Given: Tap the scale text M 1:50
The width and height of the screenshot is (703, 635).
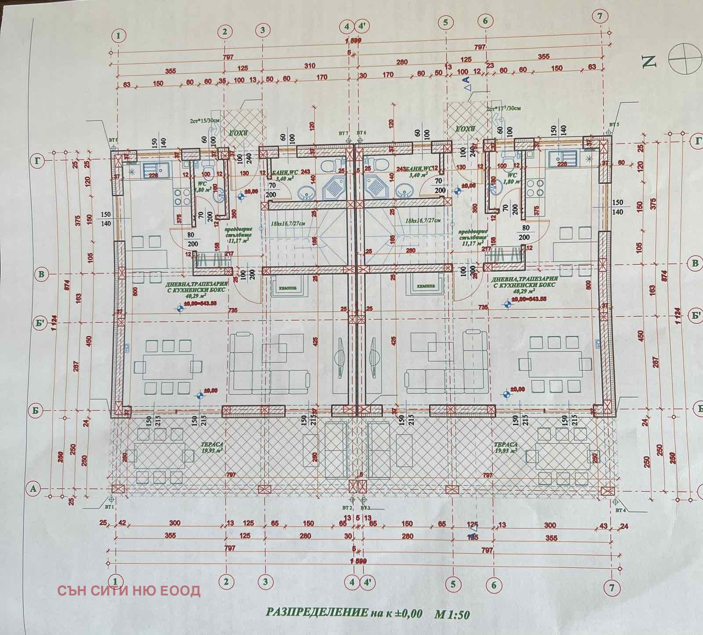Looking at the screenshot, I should (451, 614).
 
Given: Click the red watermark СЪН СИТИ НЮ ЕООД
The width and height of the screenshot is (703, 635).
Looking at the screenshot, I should (129, 590).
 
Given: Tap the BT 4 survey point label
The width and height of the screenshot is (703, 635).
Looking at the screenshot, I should (620, 510).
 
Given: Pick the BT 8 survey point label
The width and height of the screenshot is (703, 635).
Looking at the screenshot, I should (113, 140).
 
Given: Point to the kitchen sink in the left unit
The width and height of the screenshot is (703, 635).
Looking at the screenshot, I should (152, 169).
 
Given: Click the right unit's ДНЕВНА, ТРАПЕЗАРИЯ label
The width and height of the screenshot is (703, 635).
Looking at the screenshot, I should (525, 281).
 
